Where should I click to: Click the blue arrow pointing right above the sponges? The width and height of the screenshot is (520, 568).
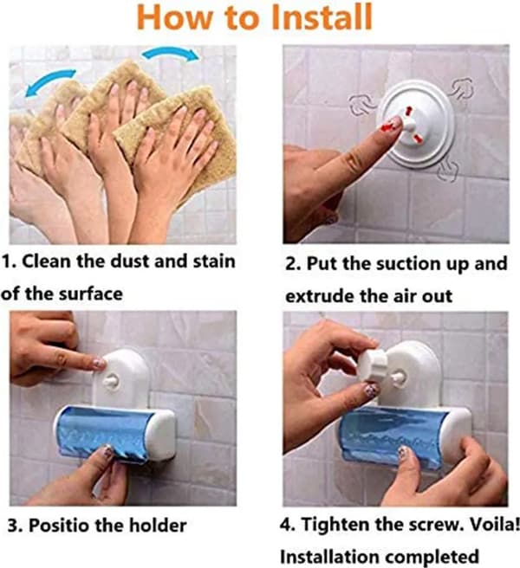point(171,54)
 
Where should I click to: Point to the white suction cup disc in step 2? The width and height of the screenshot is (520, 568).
point(414,125)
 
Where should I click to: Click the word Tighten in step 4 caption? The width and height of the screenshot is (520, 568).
point(335,524)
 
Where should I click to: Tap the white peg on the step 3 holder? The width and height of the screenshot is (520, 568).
point(110,381)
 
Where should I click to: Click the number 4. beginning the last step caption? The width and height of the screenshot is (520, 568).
point(287,524)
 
